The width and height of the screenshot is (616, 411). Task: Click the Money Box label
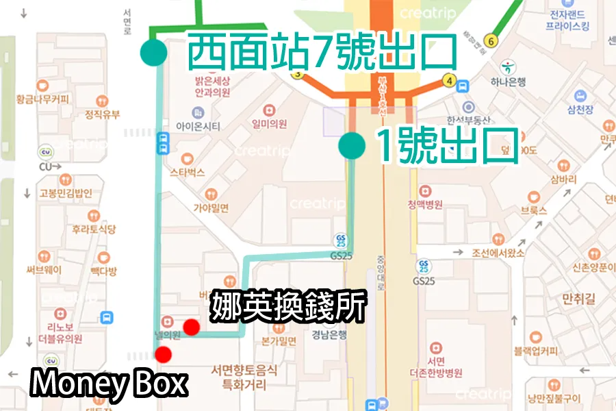coord(108,384)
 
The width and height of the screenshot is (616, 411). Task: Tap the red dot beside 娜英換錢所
coord(192,327)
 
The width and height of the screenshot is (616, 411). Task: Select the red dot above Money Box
coord(163,354)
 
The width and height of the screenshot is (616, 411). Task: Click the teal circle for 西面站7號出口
coord(153,51)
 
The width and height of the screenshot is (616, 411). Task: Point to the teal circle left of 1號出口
coord(351,146)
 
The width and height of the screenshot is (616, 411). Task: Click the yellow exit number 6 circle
coord(490,41)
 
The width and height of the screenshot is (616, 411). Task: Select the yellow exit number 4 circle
coord(449,79)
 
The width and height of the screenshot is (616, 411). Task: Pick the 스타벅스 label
coord(187,173)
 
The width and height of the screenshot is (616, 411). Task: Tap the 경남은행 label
coord(330,335)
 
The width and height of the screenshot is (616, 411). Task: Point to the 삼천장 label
coord(580,110)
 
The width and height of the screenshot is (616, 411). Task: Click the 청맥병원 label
coord(425,204)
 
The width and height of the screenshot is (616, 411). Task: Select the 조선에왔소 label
coord(498,253)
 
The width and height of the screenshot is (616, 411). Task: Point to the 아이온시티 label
coord(198,126)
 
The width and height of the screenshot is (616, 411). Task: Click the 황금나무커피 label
coord(43,99)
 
